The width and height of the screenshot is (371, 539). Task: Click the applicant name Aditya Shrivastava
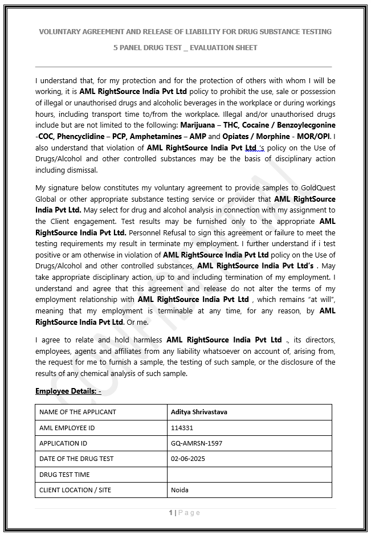point(199,412)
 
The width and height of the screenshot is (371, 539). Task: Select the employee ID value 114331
point(182,427)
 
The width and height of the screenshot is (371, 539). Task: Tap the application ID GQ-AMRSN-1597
point(196,443)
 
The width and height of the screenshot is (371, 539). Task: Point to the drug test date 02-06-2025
point(187,459)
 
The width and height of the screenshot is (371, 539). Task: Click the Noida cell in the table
point(180,490)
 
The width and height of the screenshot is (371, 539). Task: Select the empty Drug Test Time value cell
point(249,474)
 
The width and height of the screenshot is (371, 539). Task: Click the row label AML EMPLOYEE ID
point(67,427)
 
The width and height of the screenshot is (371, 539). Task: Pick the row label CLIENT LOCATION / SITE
point(75,490)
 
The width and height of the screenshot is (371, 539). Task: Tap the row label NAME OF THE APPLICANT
point(78,412)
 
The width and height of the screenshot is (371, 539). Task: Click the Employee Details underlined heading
point(68,391)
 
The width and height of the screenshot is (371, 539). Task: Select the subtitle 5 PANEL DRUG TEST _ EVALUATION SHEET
point(185,48)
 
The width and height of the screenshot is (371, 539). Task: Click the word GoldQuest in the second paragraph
point(317,187)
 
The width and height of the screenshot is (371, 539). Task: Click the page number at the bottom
point(170,513)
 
